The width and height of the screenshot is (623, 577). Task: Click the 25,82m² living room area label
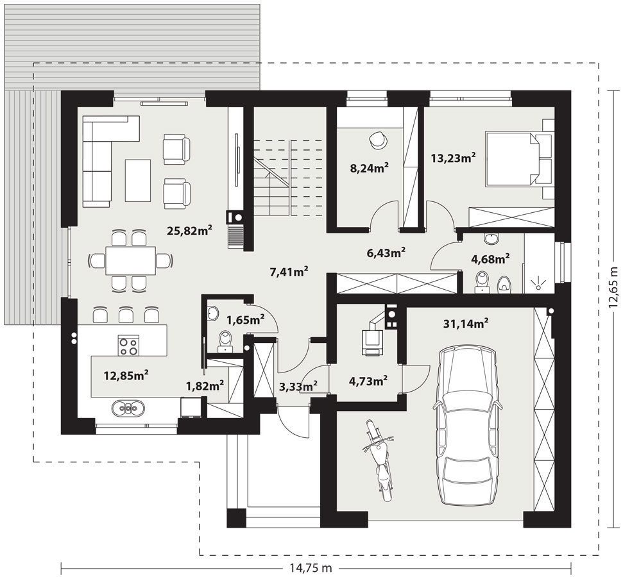(189, 230)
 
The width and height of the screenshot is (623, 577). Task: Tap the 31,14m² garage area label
(466, 324)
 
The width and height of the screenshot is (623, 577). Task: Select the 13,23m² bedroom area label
(454, 158)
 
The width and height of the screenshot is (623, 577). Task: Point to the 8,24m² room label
(369, 168)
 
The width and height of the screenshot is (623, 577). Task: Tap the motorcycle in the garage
(379, 460)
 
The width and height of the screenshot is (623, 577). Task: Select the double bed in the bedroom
(518, 159)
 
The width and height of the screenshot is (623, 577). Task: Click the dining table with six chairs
(130, 260)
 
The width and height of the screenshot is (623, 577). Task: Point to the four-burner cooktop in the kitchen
(128, 345)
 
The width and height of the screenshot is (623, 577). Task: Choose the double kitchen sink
(128, 408)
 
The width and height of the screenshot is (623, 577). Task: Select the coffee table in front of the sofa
(138, 180)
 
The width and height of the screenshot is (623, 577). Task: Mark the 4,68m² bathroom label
(490, 259)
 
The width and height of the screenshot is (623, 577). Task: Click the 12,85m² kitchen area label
(126, 375)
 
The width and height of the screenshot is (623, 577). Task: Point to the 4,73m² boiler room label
(368, 381)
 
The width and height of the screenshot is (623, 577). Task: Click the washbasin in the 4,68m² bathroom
(492, 239)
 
